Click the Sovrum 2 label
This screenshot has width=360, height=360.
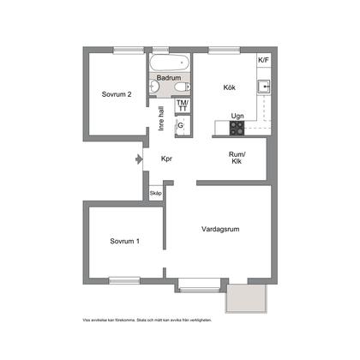click(x=116, y=94)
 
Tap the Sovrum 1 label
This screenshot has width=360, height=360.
click(x=124, y=242)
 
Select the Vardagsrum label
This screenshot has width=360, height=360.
click(x=220, y=229)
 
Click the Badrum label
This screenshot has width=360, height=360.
click(x=168, y=77)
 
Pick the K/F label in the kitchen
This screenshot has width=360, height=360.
click(x=263, y=60)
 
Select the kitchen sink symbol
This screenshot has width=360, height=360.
click(x=266, y=87)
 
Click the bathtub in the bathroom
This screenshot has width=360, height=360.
click(x=168, y=63)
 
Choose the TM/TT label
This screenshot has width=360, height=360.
click(x=182, y=105)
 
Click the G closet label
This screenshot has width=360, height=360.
click(x=180, y=125)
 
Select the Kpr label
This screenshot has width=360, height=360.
click(x=167, y=159)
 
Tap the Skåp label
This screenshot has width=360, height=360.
click(x=155, y=194)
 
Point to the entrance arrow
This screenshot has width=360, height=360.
click(x=139, y=159)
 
